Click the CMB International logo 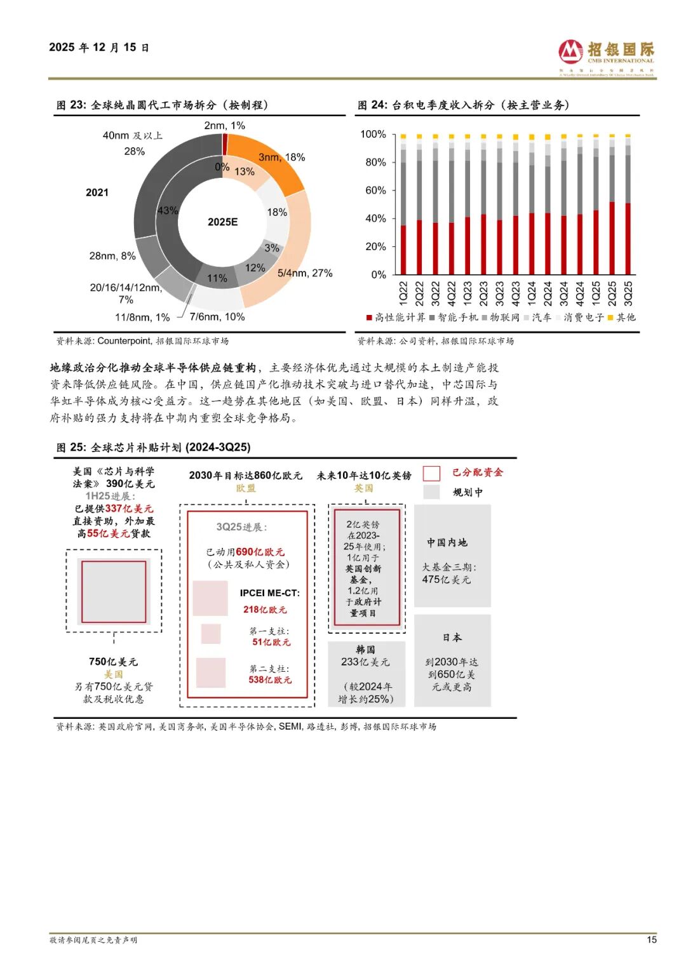[606, 56]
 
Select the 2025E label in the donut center [223, 222]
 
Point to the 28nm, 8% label [112, 256]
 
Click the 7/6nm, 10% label [217, 317]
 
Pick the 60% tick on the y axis [375, 190]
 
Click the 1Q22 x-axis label [403, 293]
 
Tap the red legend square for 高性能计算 [369, 317]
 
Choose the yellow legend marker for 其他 [611, 317]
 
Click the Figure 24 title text [463, 105]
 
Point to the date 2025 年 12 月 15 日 [99, 48]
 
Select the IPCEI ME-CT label [269, 593]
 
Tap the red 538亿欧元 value [270, 680]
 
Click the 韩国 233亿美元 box [366, 673]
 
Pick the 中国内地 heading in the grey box [447, 542]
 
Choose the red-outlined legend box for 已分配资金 [431, 473]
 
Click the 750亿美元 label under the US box [114, 662]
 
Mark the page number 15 [652, 940]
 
